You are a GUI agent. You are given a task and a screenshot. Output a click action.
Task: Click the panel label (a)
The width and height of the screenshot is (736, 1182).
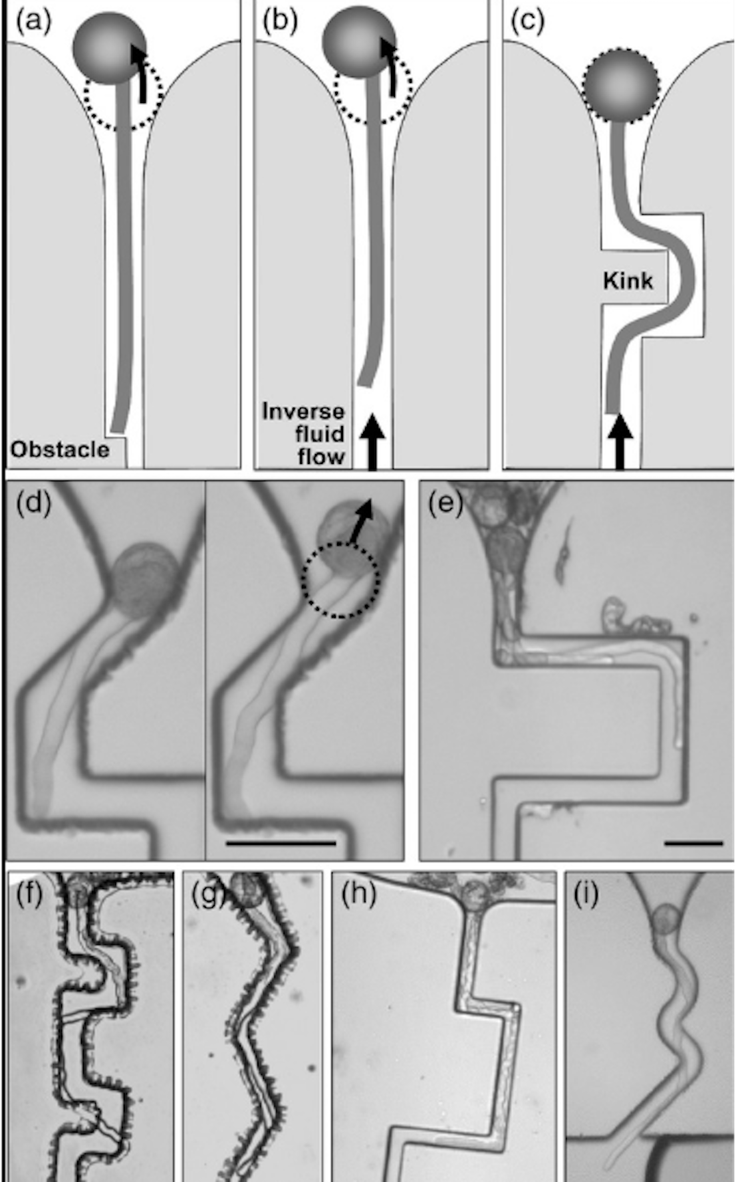(x=33, y=22)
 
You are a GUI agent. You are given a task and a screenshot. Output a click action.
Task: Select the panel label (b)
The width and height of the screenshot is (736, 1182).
(x=280, y=22)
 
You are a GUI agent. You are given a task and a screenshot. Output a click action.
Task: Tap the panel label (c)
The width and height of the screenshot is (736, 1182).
(x=527, y=22)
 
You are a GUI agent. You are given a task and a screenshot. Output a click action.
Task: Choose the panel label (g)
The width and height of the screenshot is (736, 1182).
(x=207, y=895)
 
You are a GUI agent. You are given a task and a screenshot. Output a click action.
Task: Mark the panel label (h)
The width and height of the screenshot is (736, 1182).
(x=358, y=895)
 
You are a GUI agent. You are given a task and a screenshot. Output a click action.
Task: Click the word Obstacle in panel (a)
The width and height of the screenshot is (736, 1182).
(x=60, y=449)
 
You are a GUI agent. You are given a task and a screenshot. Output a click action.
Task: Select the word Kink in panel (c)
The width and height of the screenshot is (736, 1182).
(x=628, y=281)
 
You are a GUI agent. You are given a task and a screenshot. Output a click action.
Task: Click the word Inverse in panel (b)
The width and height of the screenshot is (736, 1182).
(x=303, y=412)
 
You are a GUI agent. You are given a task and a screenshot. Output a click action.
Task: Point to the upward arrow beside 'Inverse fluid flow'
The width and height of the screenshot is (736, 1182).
(x=372, y=441)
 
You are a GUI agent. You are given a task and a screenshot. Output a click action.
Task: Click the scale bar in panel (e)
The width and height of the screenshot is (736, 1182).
(x=693, y=843)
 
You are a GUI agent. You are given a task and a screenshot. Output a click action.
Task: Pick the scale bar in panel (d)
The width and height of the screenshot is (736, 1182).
(x=281, y=843)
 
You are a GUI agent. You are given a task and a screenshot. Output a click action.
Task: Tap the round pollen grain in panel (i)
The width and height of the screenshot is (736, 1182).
(x=663, y=920)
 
